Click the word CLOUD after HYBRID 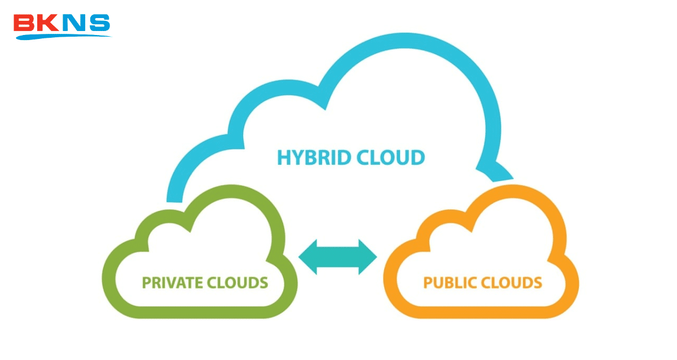pyautogui.click(x=389, y=158)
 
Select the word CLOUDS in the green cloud pyautogui.click(x=237, y=282)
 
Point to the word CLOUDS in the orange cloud pyautogui.click(x=510, y=282)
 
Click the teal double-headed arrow pyautogui.click(x=337, y=257)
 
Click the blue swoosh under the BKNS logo pyautogui.click(x=62, y=37)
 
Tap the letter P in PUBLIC pyautogui.click(x=428, y=282)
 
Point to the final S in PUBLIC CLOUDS pyautogui.click(x=538, y=282)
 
